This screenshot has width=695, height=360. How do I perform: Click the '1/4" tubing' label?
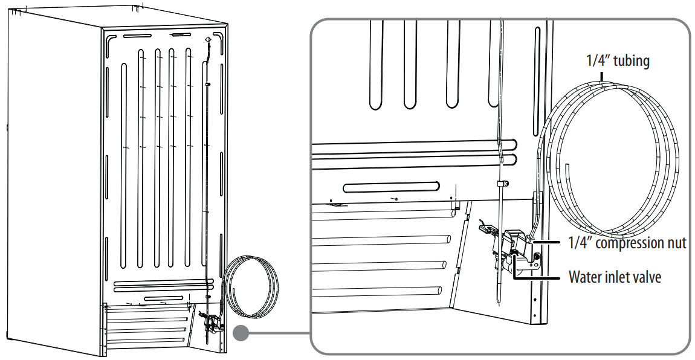[x=618, y=61]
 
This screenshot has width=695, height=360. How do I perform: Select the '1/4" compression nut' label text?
[x=627, y=243]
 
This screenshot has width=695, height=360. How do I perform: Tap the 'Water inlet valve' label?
[x=615, y=277]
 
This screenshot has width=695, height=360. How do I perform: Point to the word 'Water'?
[x=584, y=277]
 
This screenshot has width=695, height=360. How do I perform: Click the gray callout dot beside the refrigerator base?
[x=241, y=333]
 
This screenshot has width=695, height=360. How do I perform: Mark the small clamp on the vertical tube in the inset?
[x=501, y=183]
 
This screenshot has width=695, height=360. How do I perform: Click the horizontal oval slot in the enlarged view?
[x=390, y=187]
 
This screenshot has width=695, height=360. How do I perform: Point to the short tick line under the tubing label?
[x=602, y=76]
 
